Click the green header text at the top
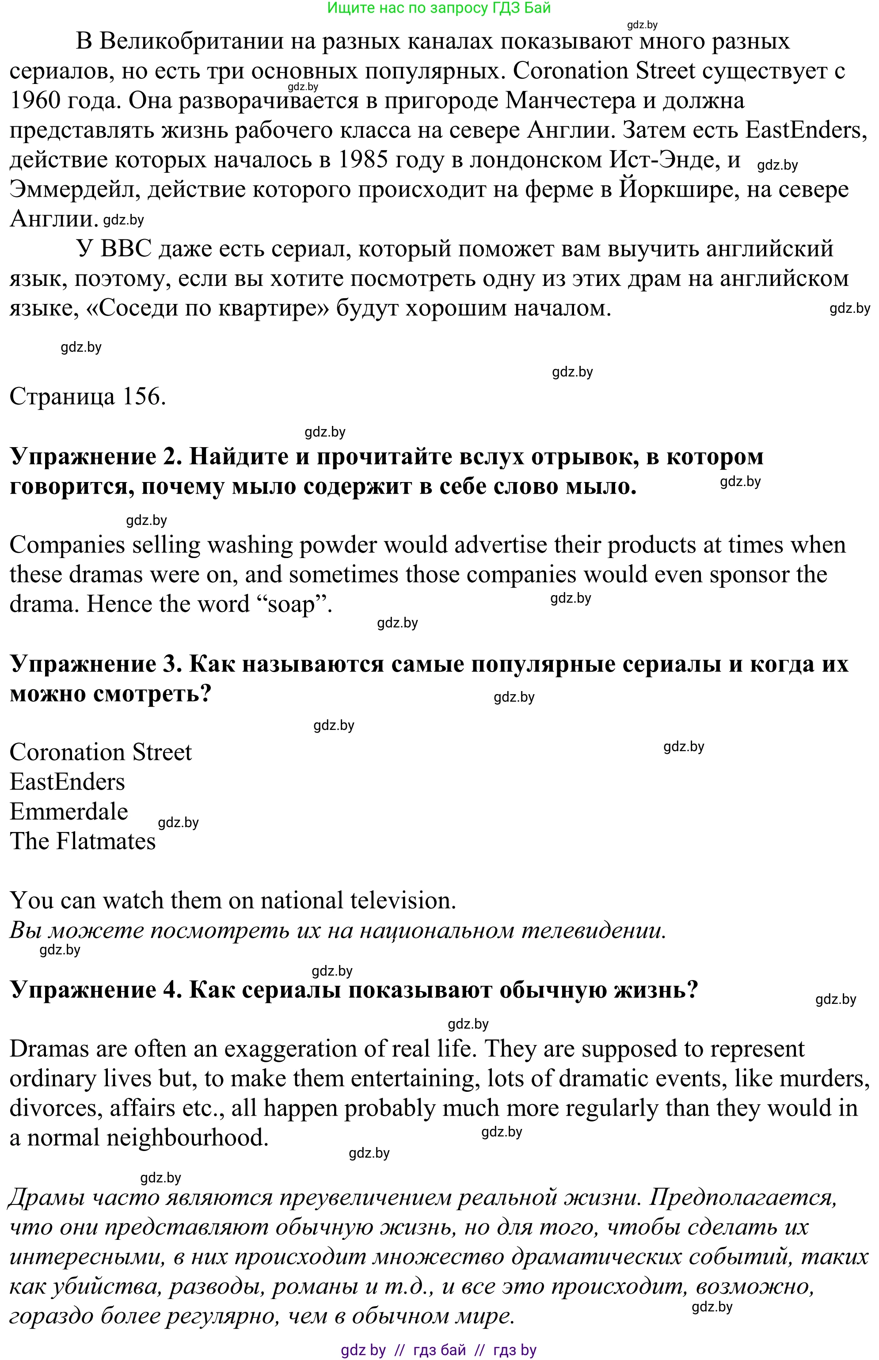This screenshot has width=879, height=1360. coord(438,8)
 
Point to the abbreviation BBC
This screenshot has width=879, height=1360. coord(126,249)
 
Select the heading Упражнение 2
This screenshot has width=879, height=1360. coord(96,456)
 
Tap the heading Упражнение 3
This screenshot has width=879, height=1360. coord(96,664)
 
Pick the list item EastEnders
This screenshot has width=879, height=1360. coord(67,782)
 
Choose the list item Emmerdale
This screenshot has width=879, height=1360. coord(68,812)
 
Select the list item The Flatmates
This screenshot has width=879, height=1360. coord(83,841)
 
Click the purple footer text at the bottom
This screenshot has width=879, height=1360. coord(438,1350)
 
